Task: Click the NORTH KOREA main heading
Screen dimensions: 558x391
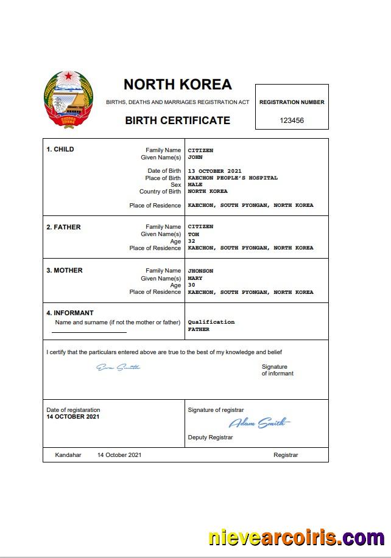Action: click(x=177, y=84)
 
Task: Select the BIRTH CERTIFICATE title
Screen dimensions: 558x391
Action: click(x=177, y=120)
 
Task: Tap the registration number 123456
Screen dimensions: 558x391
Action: click(x=292, y=120)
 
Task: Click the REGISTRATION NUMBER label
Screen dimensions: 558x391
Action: click(x=292, y=102)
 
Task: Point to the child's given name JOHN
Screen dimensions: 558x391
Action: click(x=195, y=157)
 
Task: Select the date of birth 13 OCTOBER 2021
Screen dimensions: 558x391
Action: click(x=215, y=171)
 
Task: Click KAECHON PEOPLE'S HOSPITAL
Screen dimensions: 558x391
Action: click(x=233, y=178)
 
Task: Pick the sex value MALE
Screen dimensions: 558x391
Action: click(x=195, y=184)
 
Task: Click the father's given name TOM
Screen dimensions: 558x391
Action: click(x=193, y=234)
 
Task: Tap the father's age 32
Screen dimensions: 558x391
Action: click(x=191, y=241)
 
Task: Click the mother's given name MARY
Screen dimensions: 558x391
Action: click(x=195, y=278)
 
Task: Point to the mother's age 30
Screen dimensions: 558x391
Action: click(x=191, y=285)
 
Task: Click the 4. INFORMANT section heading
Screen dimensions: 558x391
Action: click(x=70, y=313)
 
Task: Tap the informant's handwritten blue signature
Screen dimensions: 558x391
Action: click(x=118, y=367)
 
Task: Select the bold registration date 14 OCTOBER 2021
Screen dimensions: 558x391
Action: click(x=72, y=417)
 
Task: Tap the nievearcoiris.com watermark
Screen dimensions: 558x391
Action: click(x=296, y=538)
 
